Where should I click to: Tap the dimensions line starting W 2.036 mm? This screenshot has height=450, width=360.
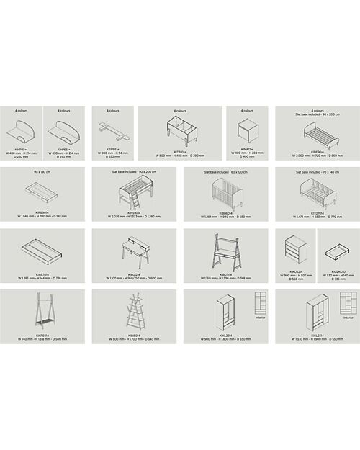[134, 217]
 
